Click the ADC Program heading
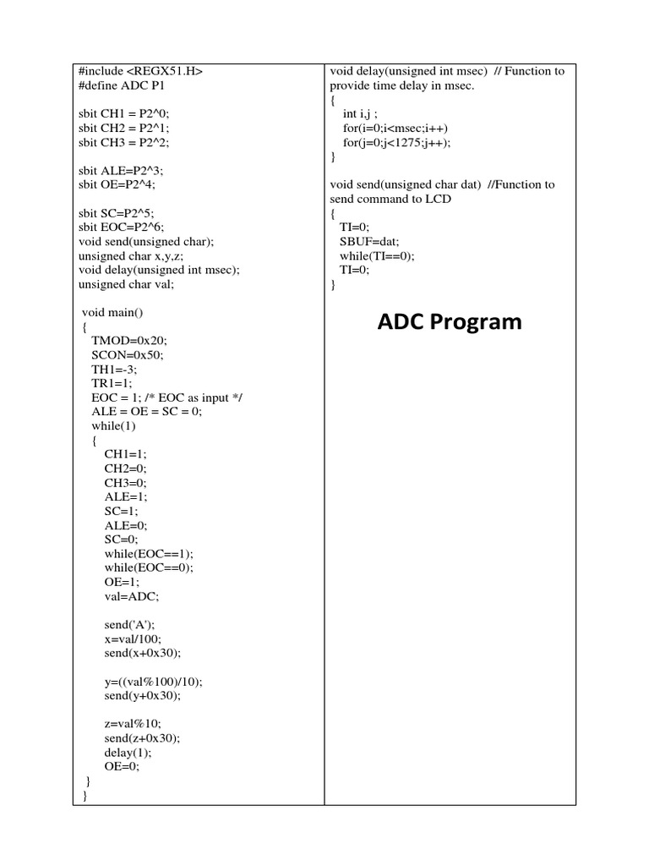[449, 322]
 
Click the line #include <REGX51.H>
[140, 71]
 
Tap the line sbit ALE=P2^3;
[117, 170]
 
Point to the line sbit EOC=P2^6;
[121, 227]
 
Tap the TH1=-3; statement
[114, 370]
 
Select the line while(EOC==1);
[148, 553]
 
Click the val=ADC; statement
[131, 595]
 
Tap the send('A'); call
[129, 624]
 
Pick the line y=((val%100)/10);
[154, 681]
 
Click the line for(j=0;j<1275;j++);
[397, 142]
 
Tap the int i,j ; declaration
[360, 113]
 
